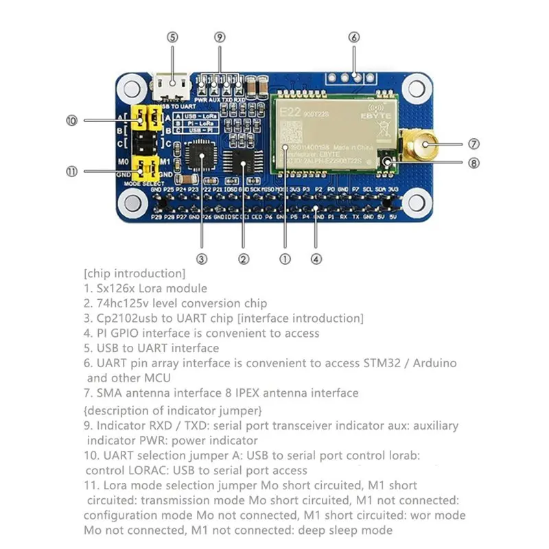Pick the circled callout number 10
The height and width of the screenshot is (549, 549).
(x=71, y=120)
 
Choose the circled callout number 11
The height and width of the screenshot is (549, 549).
(x=71, y=171)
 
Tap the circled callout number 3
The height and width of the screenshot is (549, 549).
(x=202, y=259)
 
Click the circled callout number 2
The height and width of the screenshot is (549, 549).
(x=243, y=259)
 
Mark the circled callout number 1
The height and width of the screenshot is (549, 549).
(x=285, y=259)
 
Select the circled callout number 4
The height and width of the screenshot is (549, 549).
(x=315, y=259)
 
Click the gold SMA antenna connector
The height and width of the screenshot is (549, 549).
(x=423, y=145)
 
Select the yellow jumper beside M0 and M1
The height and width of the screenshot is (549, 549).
(x=146, y=167)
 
